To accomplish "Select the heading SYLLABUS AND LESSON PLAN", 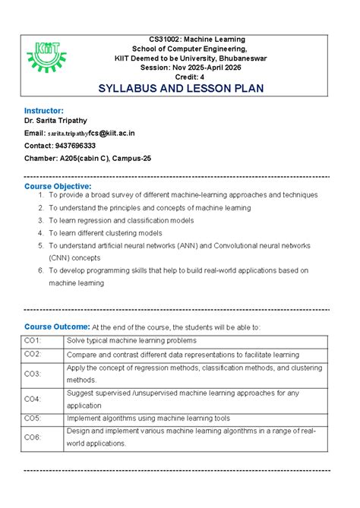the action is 181,89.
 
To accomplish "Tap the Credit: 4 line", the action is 181,77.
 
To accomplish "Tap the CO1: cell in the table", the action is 33,340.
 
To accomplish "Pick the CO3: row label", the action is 33,374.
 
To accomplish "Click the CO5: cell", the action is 33,418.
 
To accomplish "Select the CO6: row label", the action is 33,437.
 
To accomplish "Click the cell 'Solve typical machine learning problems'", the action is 131,340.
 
